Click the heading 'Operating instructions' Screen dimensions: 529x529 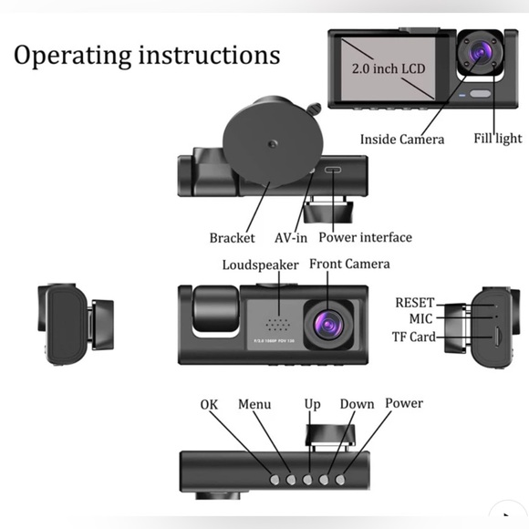146,55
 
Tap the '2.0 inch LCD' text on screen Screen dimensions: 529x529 389,68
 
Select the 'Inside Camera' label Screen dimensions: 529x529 401,140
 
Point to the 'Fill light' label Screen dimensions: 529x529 497,139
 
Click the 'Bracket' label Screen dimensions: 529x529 232,238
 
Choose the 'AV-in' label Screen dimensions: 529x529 292,238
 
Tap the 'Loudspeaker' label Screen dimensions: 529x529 260,265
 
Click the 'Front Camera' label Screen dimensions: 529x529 349,264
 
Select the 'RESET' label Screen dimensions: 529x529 414,303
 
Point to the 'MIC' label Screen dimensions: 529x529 420,319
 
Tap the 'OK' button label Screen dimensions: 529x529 210,404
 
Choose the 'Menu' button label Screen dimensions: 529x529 254,404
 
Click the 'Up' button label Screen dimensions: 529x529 312,404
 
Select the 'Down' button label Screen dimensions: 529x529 357,404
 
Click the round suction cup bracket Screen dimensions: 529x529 265,145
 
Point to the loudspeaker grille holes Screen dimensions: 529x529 275,324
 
